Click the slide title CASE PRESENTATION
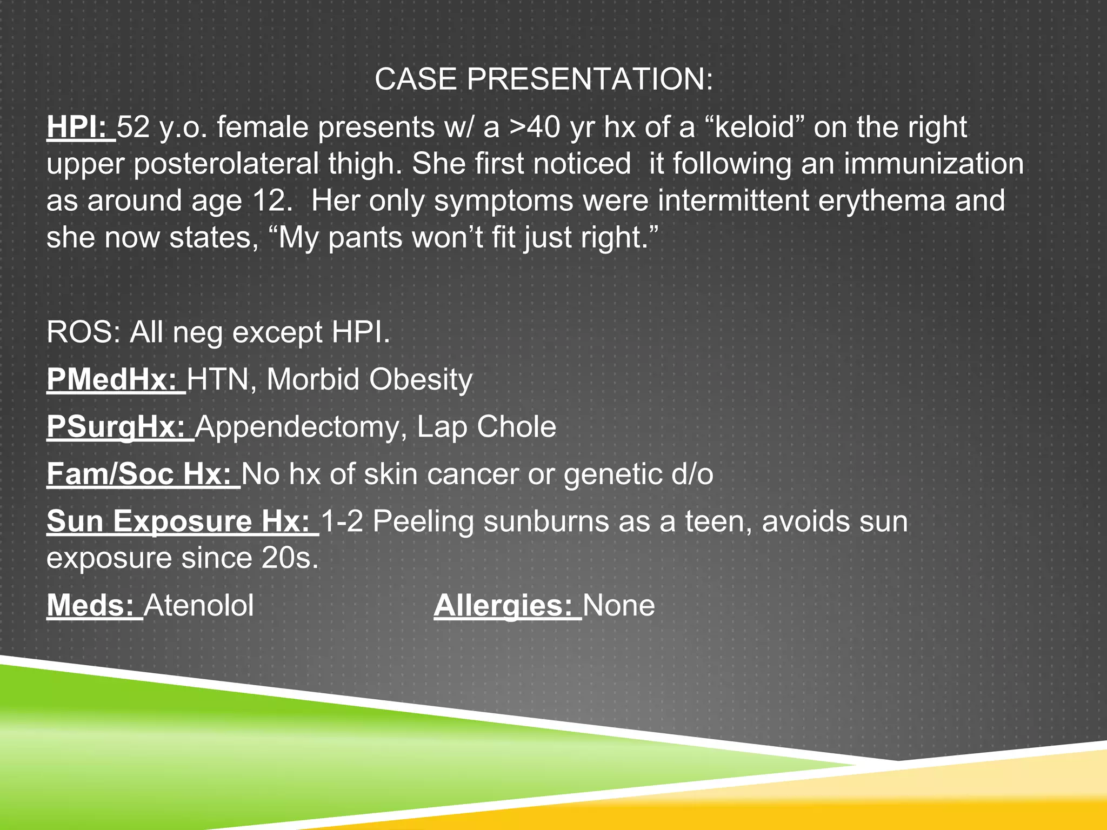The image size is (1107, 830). coord(543,79)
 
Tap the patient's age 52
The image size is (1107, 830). coord(133,128)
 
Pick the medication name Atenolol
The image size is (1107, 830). coord(199,605)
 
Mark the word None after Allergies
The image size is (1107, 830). coord(619,605)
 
